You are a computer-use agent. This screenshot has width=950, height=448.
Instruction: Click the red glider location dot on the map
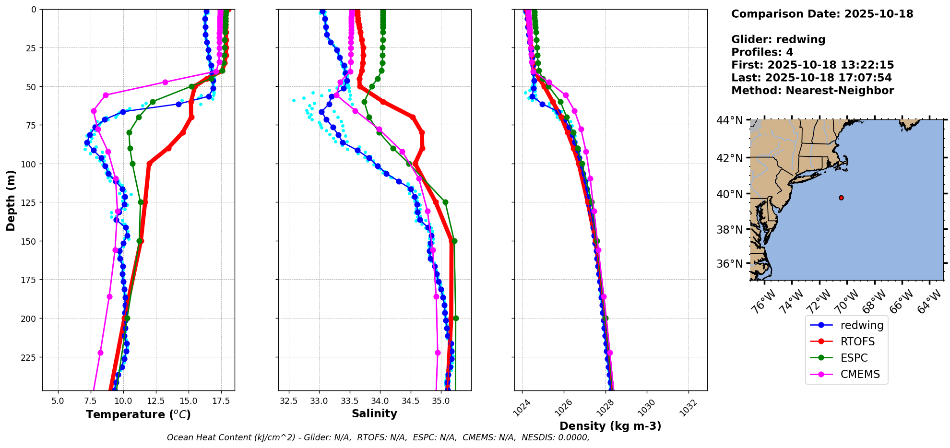click(x=841, y=198)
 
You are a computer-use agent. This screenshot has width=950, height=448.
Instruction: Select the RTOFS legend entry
click(x=857, y=342)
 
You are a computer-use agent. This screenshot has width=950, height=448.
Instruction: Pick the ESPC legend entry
click(x=854, y=358)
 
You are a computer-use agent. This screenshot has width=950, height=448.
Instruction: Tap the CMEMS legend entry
click(x=860, y=374)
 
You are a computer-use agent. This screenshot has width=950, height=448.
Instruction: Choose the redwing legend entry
click(x=862, y=325)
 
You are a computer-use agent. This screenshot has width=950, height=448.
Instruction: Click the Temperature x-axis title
click(x=138, y=414)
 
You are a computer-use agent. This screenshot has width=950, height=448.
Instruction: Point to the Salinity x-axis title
click(x=374, y=413)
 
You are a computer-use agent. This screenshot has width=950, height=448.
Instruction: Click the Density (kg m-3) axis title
click(x=610, y=426)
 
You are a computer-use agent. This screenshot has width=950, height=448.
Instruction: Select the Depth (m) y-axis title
click(x=11, y=200)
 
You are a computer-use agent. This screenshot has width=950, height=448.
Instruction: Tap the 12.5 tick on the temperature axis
click(x=155, y=401)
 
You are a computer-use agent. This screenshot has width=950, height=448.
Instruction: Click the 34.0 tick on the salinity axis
click(x=380, y=401)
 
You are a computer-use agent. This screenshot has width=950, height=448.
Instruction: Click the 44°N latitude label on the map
click(x=729, y=120)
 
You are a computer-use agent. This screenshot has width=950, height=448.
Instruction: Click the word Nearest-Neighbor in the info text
click(x=840, y=91)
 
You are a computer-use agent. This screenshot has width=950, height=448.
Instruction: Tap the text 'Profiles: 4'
click(x=762, y=52)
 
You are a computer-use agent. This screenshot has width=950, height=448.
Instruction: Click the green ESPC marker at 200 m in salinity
click(x=456, y=318)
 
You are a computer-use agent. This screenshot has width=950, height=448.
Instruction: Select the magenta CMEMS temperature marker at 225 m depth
click(x=100, y=353)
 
